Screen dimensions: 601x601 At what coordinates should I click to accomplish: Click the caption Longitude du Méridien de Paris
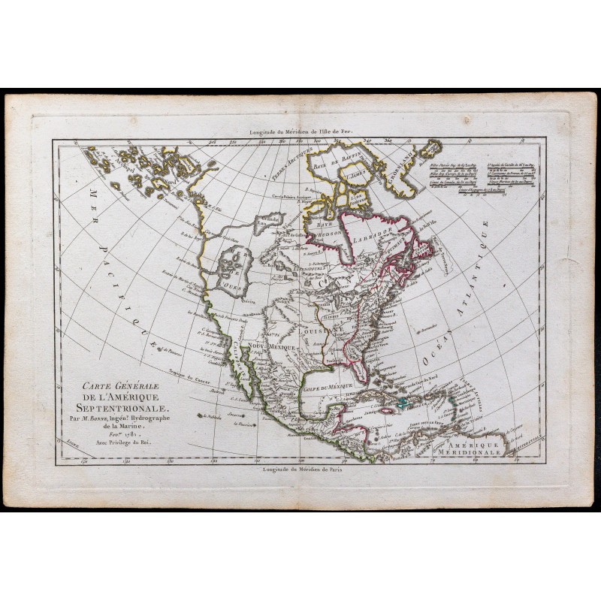[x=300, y=471]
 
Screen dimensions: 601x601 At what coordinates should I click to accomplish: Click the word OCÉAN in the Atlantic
[x=433, y=361]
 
